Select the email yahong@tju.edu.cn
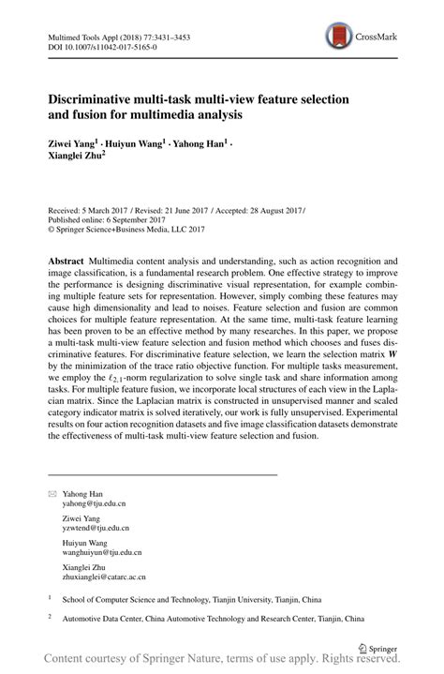pyautogui.click(x=94, y=502)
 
